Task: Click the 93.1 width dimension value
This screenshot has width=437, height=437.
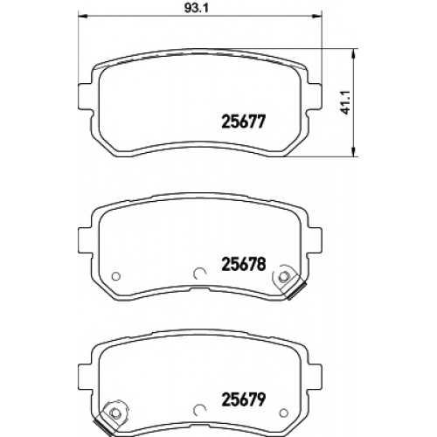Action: [x=196, y=8]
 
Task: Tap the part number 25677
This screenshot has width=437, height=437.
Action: [x=244, y=121]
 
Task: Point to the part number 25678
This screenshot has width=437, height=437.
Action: [x=244, y=264]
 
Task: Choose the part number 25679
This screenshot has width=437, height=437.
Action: [x=244, y=399]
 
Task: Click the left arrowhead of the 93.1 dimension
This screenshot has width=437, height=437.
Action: [x=83, y=15]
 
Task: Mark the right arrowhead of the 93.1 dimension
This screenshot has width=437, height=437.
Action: [x=317, y=15]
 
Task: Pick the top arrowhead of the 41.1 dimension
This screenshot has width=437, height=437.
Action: [x=353, y=53]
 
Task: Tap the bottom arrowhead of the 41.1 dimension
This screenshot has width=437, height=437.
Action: [x=353, y=152]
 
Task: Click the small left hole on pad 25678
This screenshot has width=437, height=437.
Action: [x=116, y=275]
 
